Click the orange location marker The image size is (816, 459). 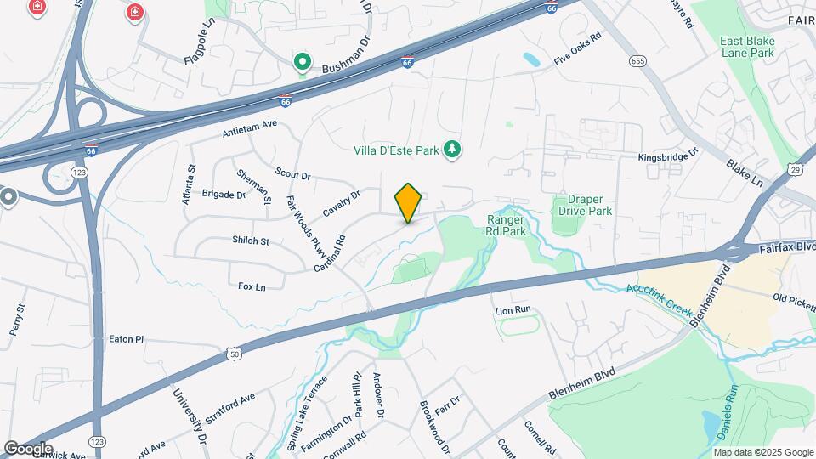pyautogui.click(x=408, y=203)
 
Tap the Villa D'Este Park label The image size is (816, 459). pyautogui.click(x=396, y=150)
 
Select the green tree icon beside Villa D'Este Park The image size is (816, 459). pyautogui.click(x=452, y=150)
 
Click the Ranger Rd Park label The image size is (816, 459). pyautogui.click(x=507, y=224)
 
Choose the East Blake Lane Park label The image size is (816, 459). pyautogui.click(x=747, y=46)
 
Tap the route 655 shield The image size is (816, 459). pyautogui.click(x=638, y=61)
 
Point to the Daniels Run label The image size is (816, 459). pyautogui.click(x=723, y=413)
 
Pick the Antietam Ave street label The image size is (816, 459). pyautogui.click(x=250, y=129)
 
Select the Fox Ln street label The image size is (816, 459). pyautogui.click(x=252, y=287)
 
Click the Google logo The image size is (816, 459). pyautogui.click(x=27, y=448)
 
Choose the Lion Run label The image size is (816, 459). pyautogui.click(x=513, y=311)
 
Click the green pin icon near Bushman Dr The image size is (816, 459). pyautogui.click(x=302, y=61)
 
